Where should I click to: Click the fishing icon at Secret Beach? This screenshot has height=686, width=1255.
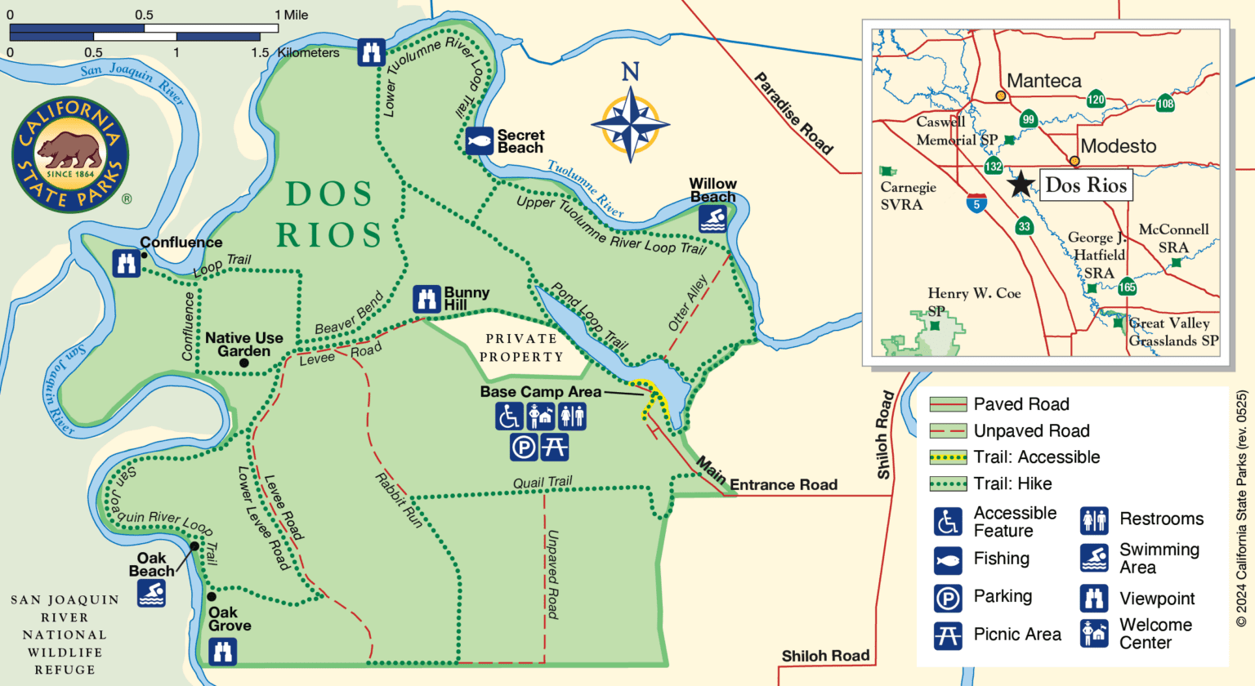pos(480,141)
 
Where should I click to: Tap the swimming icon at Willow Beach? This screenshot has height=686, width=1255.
pos(712,219)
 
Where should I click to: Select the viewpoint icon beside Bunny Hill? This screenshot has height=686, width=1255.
pos(427,299)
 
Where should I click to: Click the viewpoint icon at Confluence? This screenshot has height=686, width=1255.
pos(127,264)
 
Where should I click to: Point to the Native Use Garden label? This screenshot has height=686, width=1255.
pos(243,344)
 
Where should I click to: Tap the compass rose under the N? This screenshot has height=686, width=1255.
pos(630,125)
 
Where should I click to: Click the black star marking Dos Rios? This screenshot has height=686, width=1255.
pos(1021,184)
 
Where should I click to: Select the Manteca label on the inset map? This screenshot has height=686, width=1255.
pos(1043,81)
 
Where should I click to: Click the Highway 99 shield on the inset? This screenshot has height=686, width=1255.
pos(1029,119)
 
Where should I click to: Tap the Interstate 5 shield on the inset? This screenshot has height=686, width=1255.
pos(976,203)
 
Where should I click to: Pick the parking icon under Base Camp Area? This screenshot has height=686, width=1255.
pos(524,447)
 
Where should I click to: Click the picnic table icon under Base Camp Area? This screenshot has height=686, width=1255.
pos(555,447)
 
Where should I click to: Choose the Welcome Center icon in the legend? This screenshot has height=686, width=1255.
pos(1094,633)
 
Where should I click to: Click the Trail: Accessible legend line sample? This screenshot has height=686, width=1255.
pos(948,457)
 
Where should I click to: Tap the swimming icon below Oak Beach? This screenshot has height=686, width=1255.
pos(152,594)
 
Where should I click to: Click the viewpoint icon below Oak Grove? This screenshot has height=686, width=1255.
pos(222,652)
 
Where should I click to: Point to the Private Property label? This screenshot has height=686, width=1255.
pos(521,348)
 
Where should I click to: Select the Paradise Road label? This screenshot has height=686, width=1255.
pos(793,114)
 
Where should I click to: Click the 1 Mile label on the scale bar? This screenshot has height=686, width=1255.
pos(292,15)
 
